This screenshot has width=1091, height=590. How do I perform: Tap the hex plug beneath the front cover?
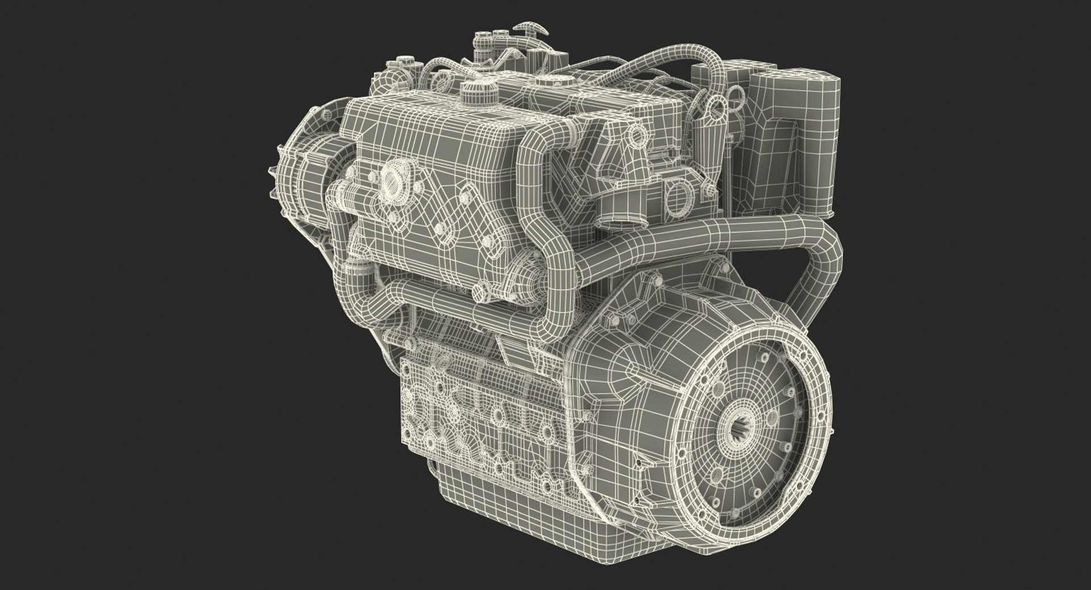click(481, 294)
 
